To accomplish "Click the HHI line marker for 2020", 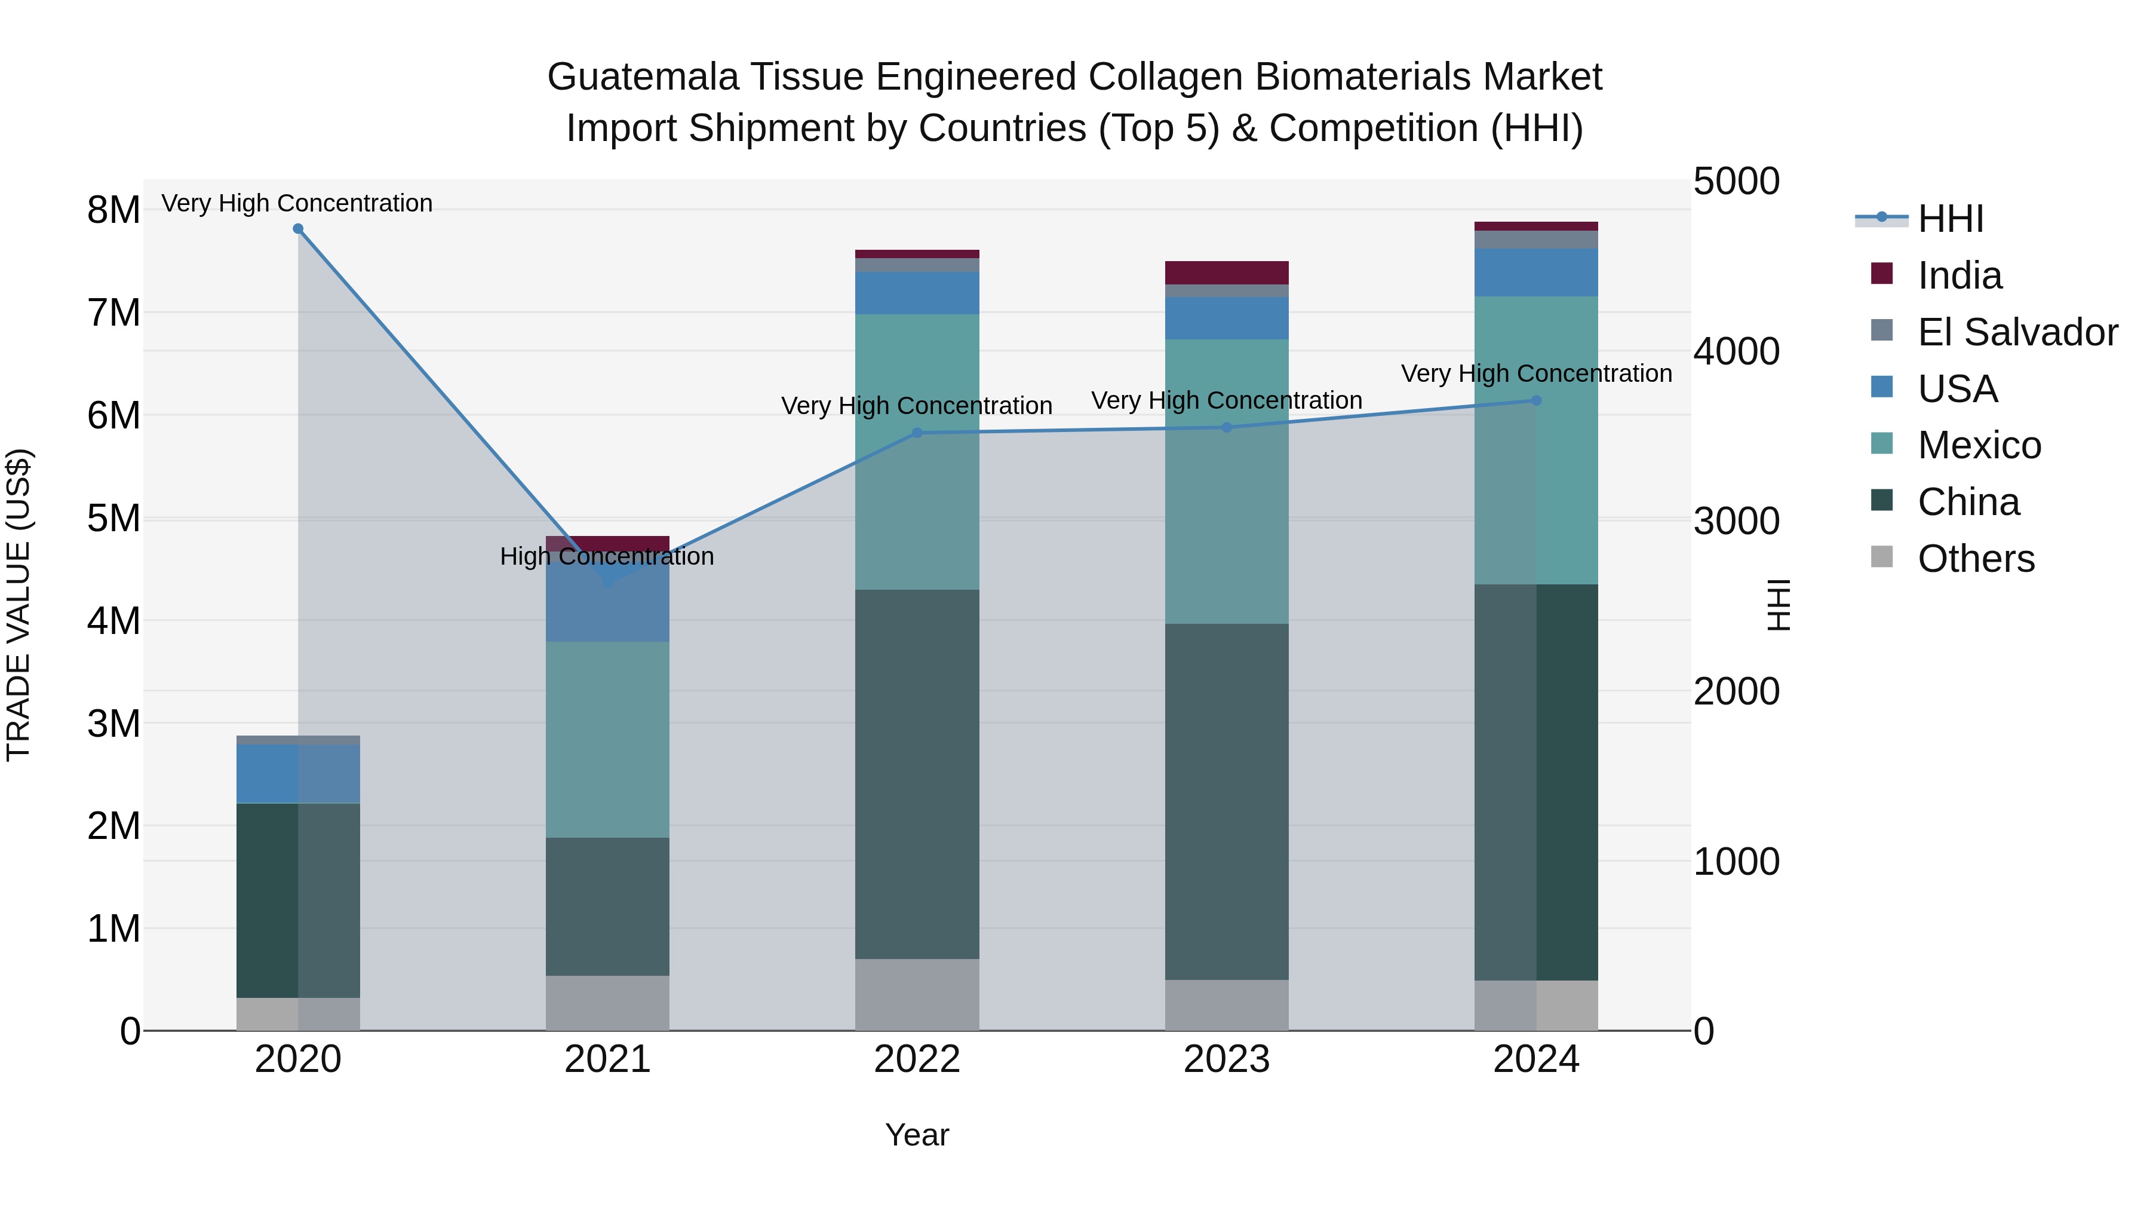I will pyautogui.click(x=298, y=229).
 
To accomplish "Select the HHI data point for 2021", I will pyautogui.click(x=607, y=582).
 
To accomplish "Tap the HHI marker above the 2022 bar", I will pyautogui.click(x=917, y=433).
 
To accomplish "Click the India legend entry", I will pyautogui.click(x=1959, y=275).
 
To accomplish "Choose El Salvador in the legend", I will pyautogui.click(x=2016, y=332).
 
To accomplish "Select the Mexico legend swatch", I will pyautogui.click(x=1882, y=444).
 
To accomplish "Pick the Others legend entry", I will pyautogui.click(x=1975, y=559).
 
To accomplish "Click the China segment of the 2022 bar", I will pyautogui.click(x=917, y=774).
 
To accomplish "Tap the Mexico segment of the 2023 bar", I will pyautogui.click(x=1226, y=482).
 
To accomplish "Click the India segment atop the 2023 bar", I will pyautogui.click(x=1226, y=273).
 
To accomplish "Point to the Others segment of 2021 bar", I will pyautogui.click(x=607, y=1003).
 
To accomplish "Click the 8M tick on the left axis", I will pyautogui.click(x=113, y=210).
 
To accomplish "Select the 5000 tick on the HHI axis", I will pyautogui.click(x=1736, y=182).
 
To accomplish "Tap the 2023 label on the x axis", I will pyautogui.click(x=1226, y=1059).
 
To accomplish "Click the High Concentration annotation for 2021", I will pyautogui.click(x=607, y=556).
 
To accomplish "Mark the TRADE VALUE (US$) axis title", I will pyautogui.click(x=19, y=605).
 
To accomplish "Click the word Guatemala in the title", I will pyautogui.click(x=643, y=77).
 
